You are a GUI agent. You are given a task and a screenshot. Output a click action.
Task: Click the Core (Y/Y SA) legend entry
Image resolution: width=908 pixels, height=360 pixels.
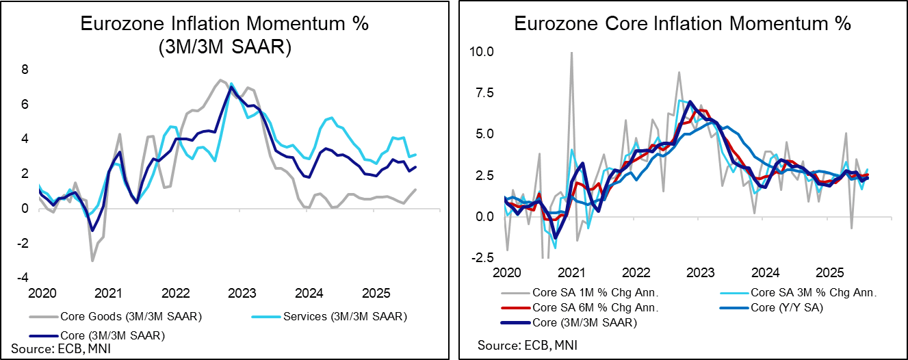tap(777, 308)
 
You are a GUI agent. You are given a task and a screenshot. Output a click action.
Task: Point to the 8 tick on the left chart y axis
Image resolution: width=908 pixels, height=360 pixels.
tap(25, 70)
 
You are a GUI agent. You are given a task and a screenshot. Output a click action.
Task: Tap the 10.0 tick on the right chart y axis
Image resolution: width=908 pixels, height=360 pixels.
tap(482, 51)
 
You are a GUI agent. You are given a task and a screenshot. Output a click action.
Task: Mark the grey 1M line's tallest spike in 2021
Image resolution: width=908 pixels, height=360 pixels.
tap(571, 53)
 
